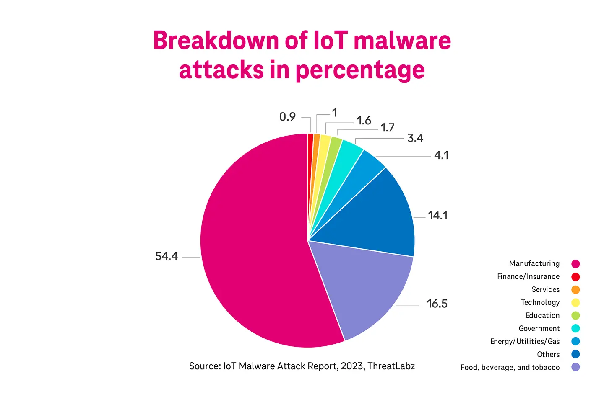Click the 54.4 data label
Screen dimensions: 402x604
click(167, 256)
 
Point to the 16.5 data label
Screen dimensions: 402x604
click(437, 304)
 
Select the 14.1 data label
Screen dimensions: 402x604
click(437, 216)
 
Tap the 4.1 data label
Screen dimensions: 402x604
click(441, 155)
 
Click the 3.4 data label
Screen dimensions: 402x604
click(415, 138)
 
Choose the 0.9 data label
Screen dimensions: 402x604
click(287, 117)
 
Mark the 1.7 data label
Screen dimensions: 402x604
click(387, 128)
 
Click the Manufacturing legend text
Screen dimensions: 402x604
click(534, 263)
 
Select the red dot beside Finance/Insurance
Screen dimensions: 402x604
click(575, 277)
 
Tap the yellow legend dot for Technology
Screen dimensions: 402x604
click(575, 303)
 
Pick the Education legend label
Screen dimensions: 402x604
click(542, 315)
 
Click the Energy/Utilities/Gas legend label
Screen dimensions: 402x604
click(525, 341)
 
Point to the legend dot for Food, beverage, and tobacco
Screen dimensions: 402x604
click(575, 367)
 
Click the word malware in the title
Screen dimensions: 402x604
click(402, 41)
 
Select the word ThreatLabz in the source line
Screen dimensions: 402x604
click(391, 366)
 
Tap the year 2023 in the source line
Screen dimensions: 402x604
click(352, 366)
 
